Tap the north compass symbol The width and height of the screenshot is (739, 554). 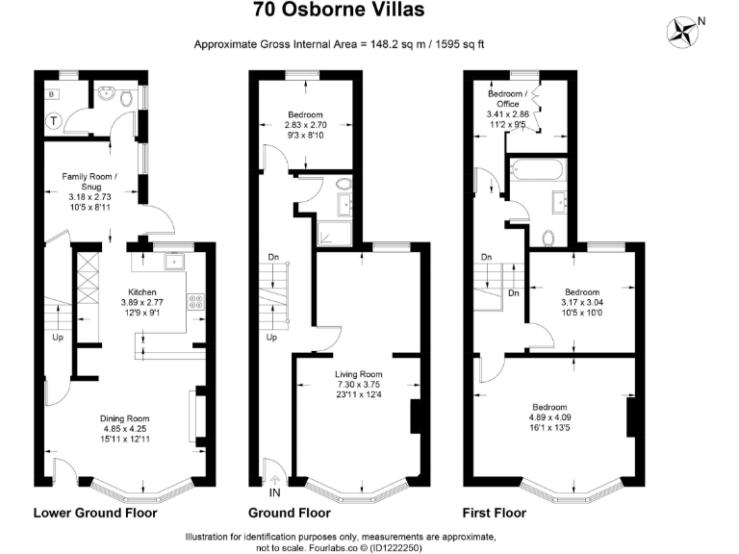click(686, 30)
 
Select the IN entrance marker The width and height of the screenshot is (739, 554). click(276, 492)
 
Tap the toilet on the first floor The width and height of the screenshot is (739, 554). click(548, 237)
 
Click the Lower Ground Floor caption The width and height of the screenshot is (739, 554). click(94, 514)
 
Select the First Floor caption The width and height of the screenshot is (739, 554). click(494, 514)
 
